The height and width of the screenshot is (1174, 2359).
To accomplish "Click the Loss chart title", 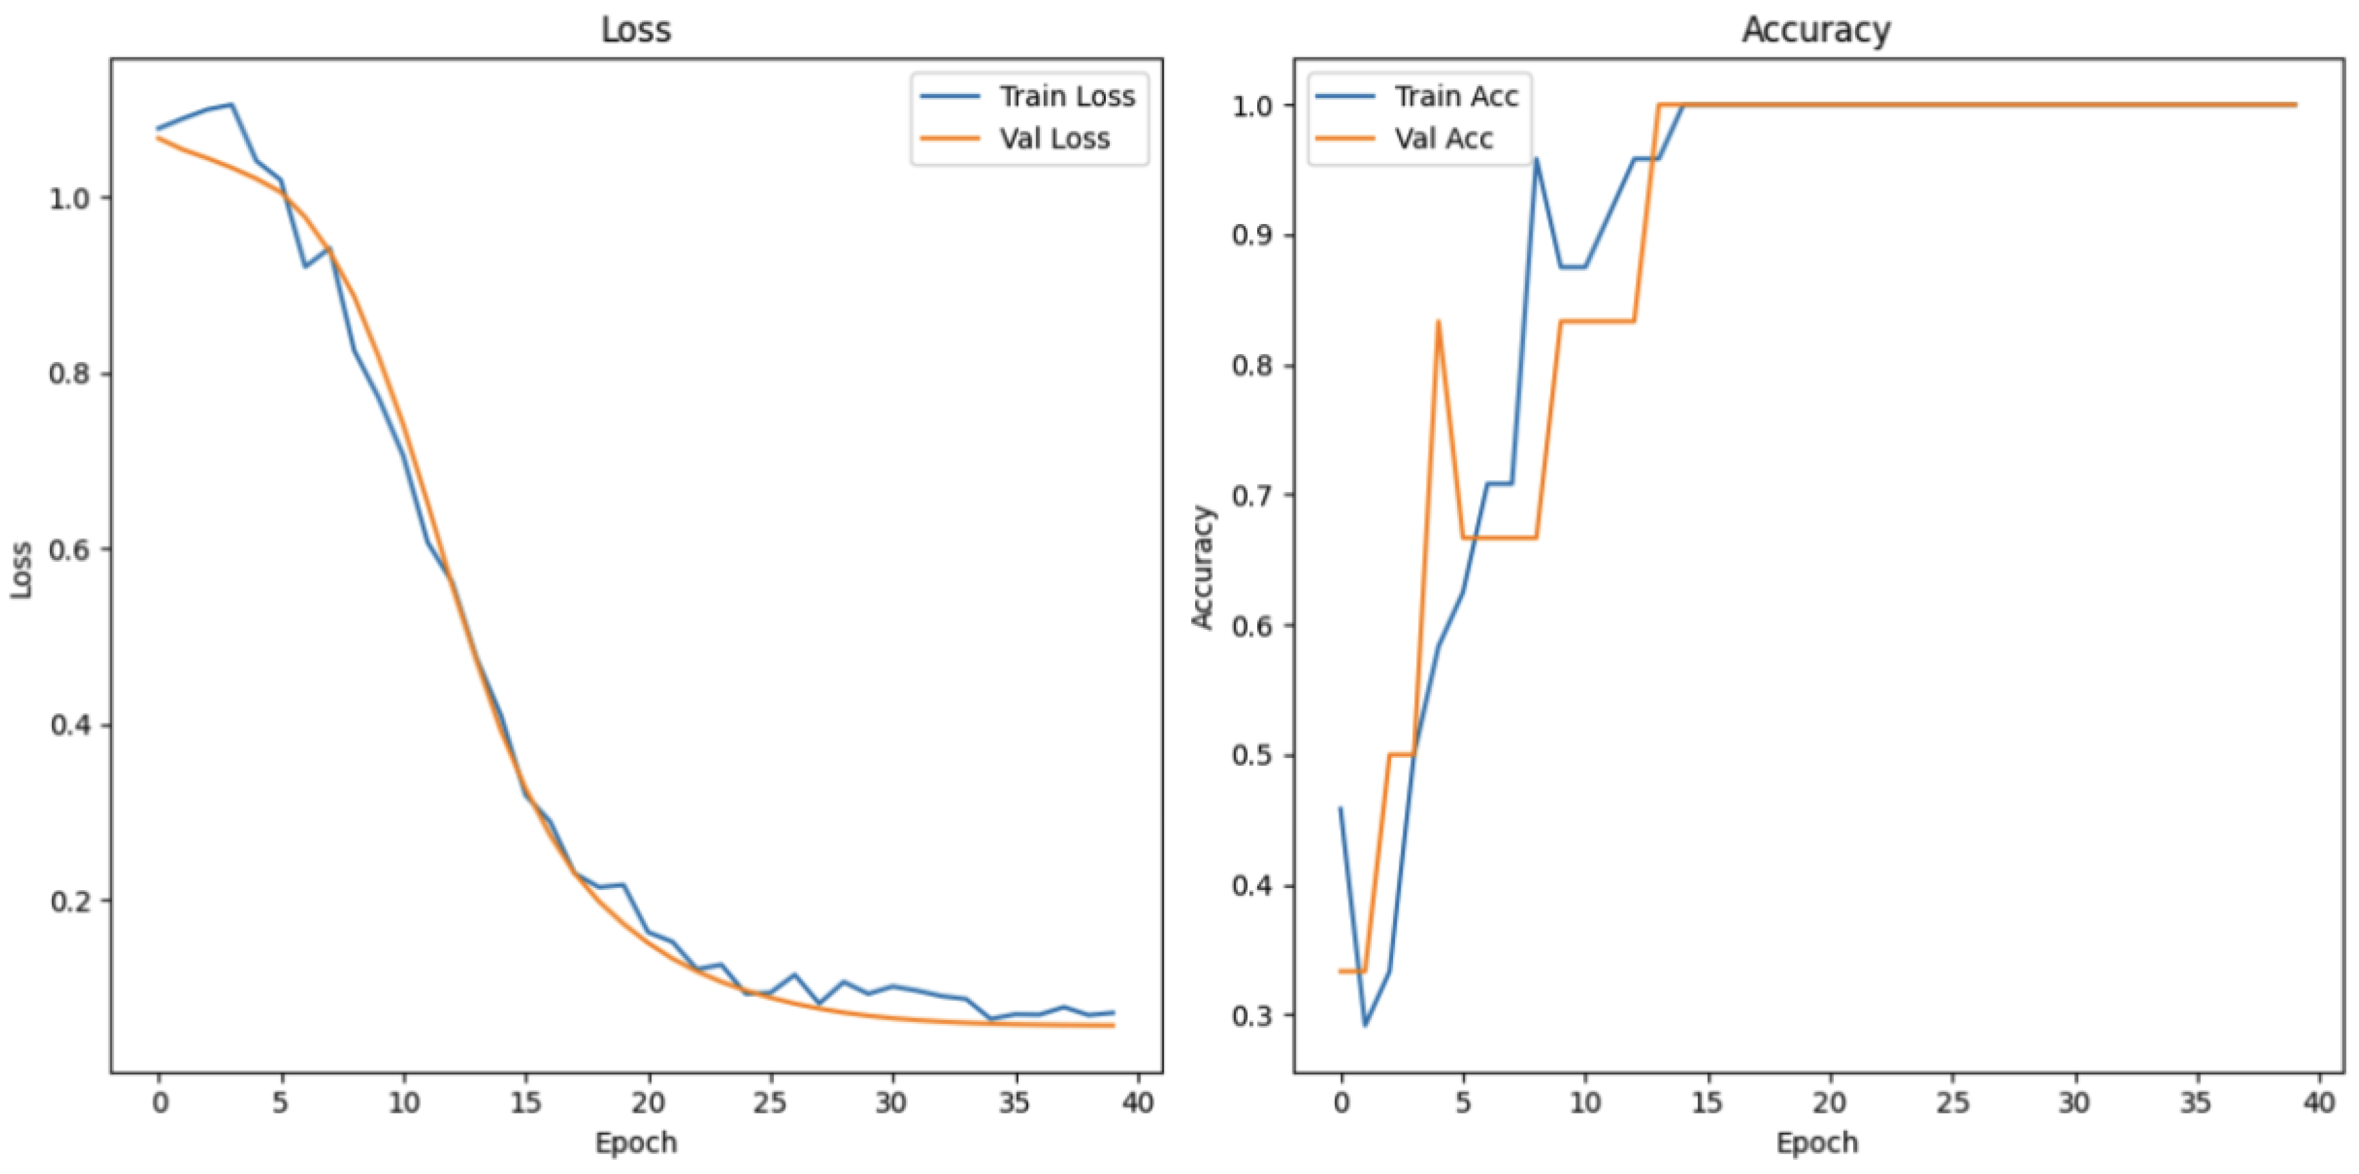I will coord(635,30).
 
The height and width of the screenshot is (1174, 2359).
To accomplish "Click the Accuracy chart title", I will coord(1816,30).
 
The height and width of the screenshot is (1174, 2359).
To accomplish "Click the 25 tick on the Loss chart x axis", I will coord(770,1103).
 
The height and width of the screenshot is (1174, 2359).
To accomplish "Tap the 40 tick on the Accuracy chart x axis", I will coord(2319,1103).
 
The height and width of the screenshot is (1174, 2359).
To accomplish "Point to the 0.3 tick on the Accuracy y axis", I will coord(1252,1015).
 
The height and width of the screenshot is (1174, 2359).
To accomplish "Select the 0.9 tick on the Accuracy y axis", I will coord(1252,236).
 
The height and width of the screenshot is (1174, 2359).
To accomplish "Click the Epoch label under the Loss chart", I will coord(635,1143).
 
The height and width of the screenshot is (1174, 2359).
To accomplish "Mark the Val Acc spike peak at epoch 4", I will coord(1438,321).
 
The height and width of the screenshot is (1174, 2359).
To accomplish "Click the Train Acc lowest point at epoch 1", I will coord(1365,1025).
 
